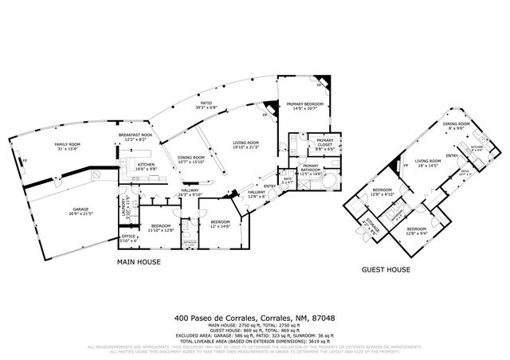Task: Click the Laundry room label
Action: coord(125,211)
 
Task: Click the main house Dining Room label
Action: coord(191,160)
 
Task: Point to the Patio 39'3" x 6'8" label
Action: coord(206,106)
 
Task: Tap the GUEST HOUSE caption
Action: coord(386,269)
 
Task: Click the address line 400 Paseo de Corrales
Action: coord(254,318)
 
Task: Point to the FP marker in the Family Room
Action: coord(26,161)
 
